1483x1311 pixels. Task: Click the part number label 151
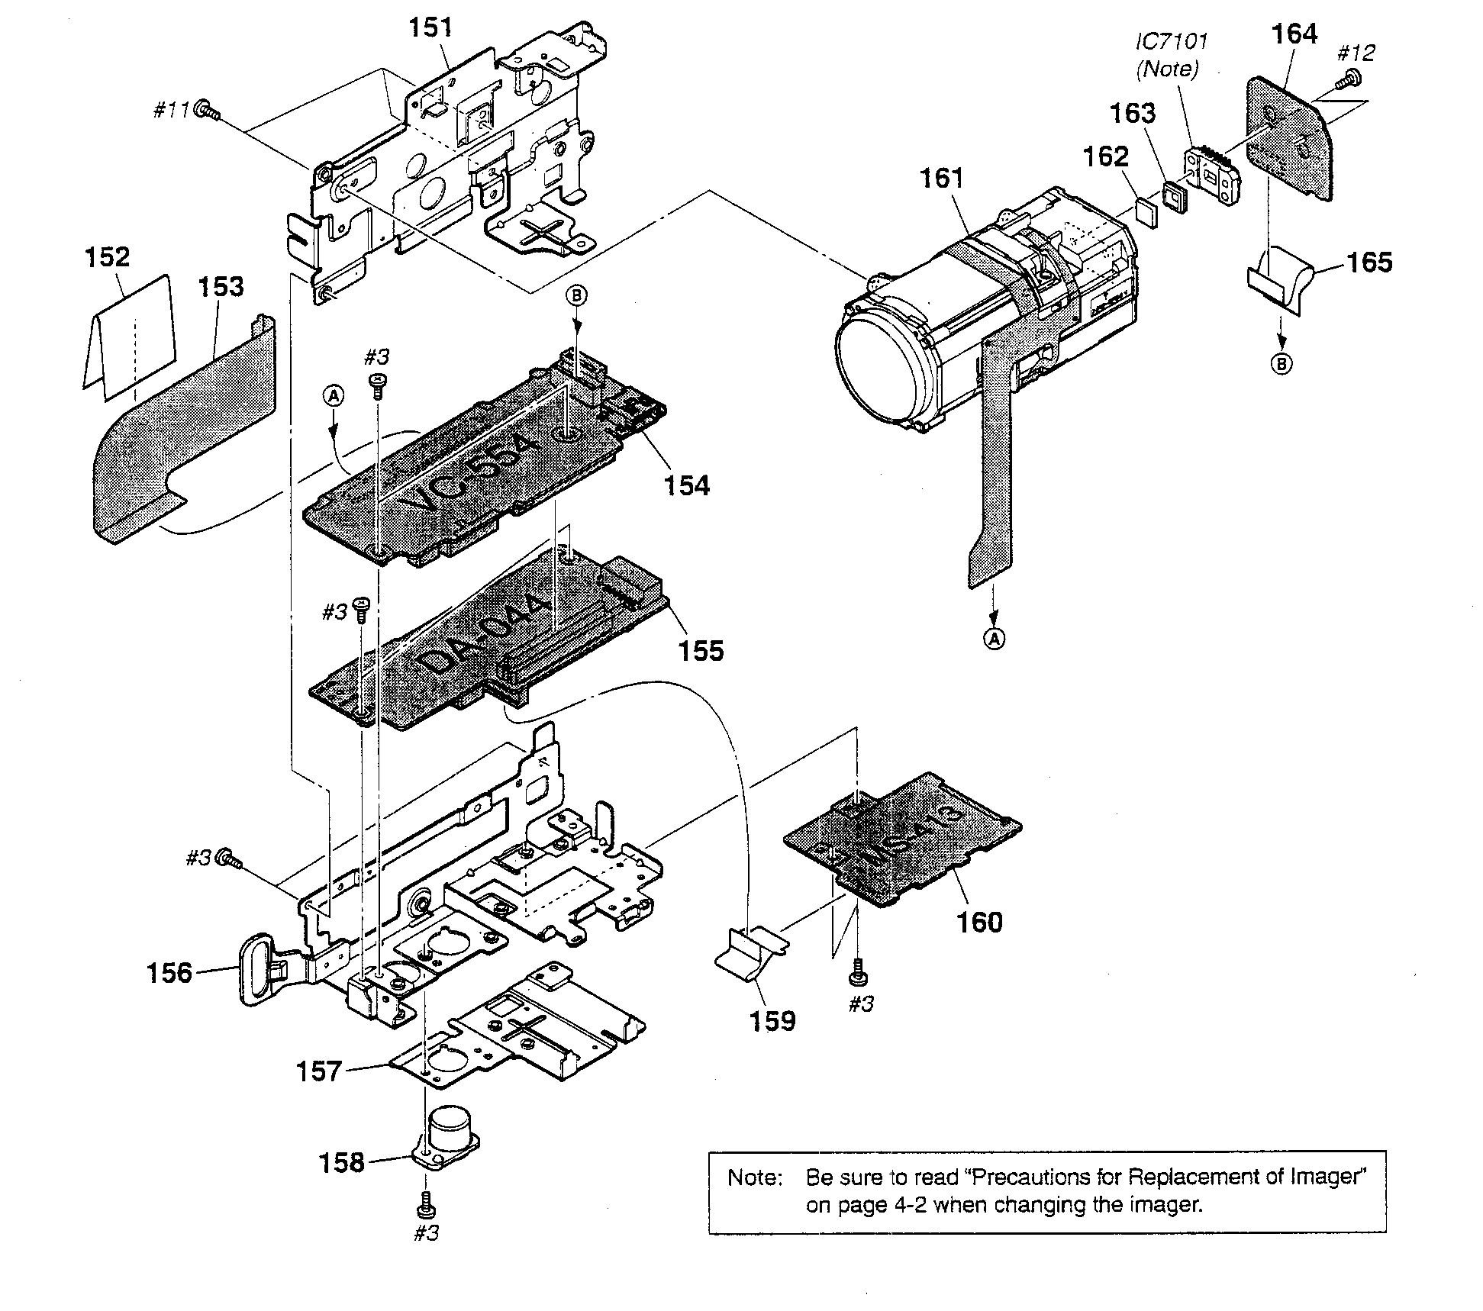pyautogui.click(x=430, y=27)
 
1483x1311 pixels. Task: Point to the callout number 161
pyautogui.click(x=942, y=178)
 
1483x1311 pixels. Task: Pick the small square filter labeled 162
pyautogui.click(x=1146, y=211)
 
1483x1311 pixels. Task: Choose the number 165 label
pyautogui.click(x=1369, y=262)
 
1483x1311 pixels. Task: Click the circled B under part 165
pyautogui.click(x=1282, y=364)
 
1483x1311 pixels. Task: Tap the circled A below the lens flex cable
pyautogui.click(x=994, y=639)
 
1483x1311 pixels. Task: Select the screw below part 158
pyautogui.click(x=427, y=1208)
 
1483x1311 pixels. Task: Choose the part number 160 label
pyautogui.click(x=979, y=922)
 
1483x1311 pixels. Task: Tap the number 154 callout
pyautogui.click(x=686, y=485)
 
